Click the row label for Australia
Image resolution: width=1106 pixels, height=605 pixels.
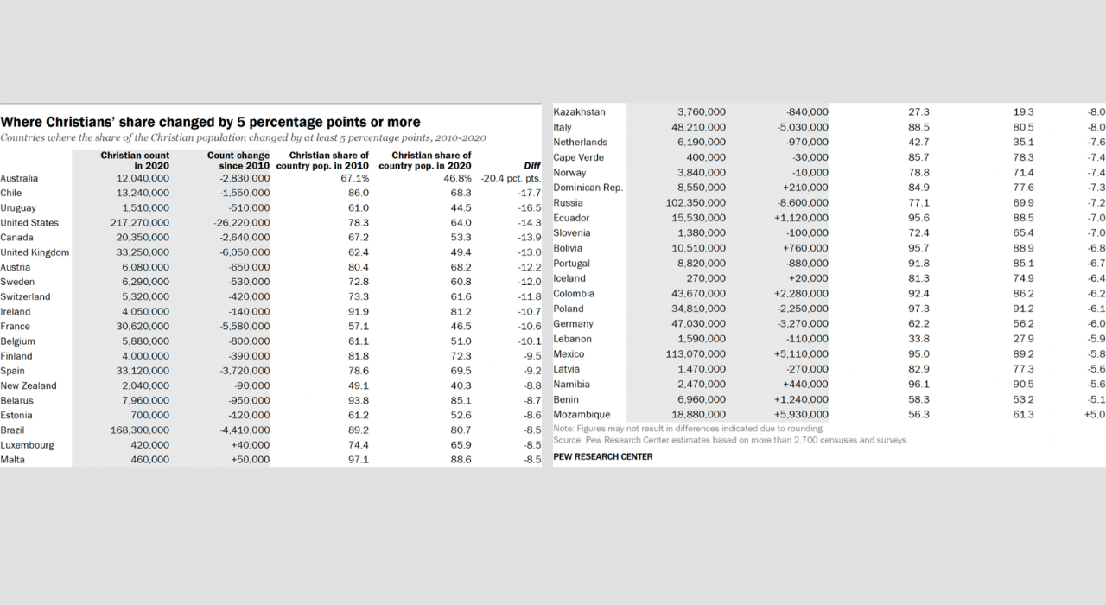pyautogui.click(x=19, y=179)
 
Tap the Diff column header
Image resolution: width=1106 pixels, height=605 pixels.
pyautogui.click(x=532, y=166)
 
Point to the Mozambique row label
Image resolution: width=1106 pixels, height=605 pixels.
pyautogui.click(x=582, y=415)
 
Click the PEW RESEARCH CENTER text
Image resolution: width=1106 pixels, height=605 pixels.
pyautogui.click(x=602, y=456)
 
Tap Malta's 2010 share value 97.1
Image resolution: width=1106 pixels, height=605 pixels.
pyautogui.click(x=359, y=460)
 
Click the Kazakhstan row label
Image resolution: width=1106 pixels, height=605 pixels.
pyautogui.click(x=579, y=112)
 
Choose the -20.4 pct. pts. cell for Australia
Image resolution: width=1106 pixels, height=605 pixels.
pyautogui.click(x=511, y=179)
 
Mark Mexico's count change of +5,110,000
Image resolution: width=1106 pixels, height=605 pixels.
pyautogui.click(x=801, y=354)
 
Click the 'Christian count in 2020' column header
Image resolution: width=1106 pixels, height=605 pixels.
pyautogui.click(x=135, y=161)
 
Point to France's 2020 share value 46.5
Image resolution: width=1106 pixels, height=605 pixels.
pyautogui.click(x=461, y=327)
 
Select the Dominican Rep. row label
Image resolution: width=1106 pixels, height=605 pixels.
pyautogui.click(x=588, y=188)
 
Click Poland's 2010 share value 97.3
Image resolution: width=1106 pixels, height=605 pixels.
pyautogui.click(x=919, y=309)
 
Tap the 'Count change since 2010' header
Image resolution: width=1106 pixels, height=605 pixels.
pyautogui.click(x=238, y=161)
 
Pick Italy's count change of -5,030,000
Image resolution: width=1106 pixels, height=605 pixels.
pyautogui.click(x=802, y=127)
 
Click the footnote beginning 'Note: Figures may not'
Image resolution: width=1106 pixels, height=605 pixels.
pyautogui.click(x=688, y=429)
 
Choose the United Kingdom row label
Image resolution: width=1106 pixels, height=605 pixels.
pyautogui.click(x=35, y=252)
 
